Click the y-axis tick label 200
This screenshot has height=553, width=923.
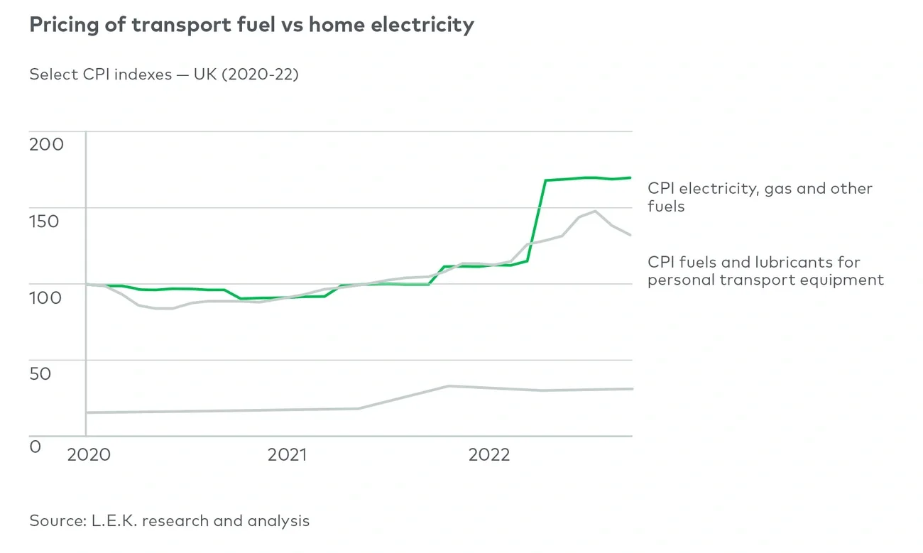coord(46,145)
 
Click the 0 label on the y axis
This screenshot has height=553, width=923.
coord(35,447)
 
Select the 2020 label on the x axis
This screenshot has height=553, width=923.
coord(89,455)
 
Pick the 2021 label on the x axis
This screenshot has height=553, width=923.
coord(287,455)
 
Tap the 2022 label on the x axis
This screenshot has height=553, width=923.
coord(489,455)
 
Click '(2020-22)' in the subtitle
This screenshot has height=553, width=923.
coord(261,75)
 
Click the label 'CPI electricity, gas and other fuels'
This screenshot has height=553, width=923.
coord(760,197)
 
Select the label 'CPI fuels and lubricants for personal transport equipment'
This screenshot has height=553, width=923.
coord(765,271)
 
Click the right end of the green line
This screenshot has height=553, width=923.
coord(630,177)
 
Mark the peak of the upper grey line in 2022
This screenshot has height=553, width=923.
coord(594,211)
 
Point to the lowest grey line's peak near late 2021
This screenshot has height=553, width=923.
coord(449,386)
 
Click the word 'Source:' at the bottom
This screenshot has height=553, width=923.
coord(58,521)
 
